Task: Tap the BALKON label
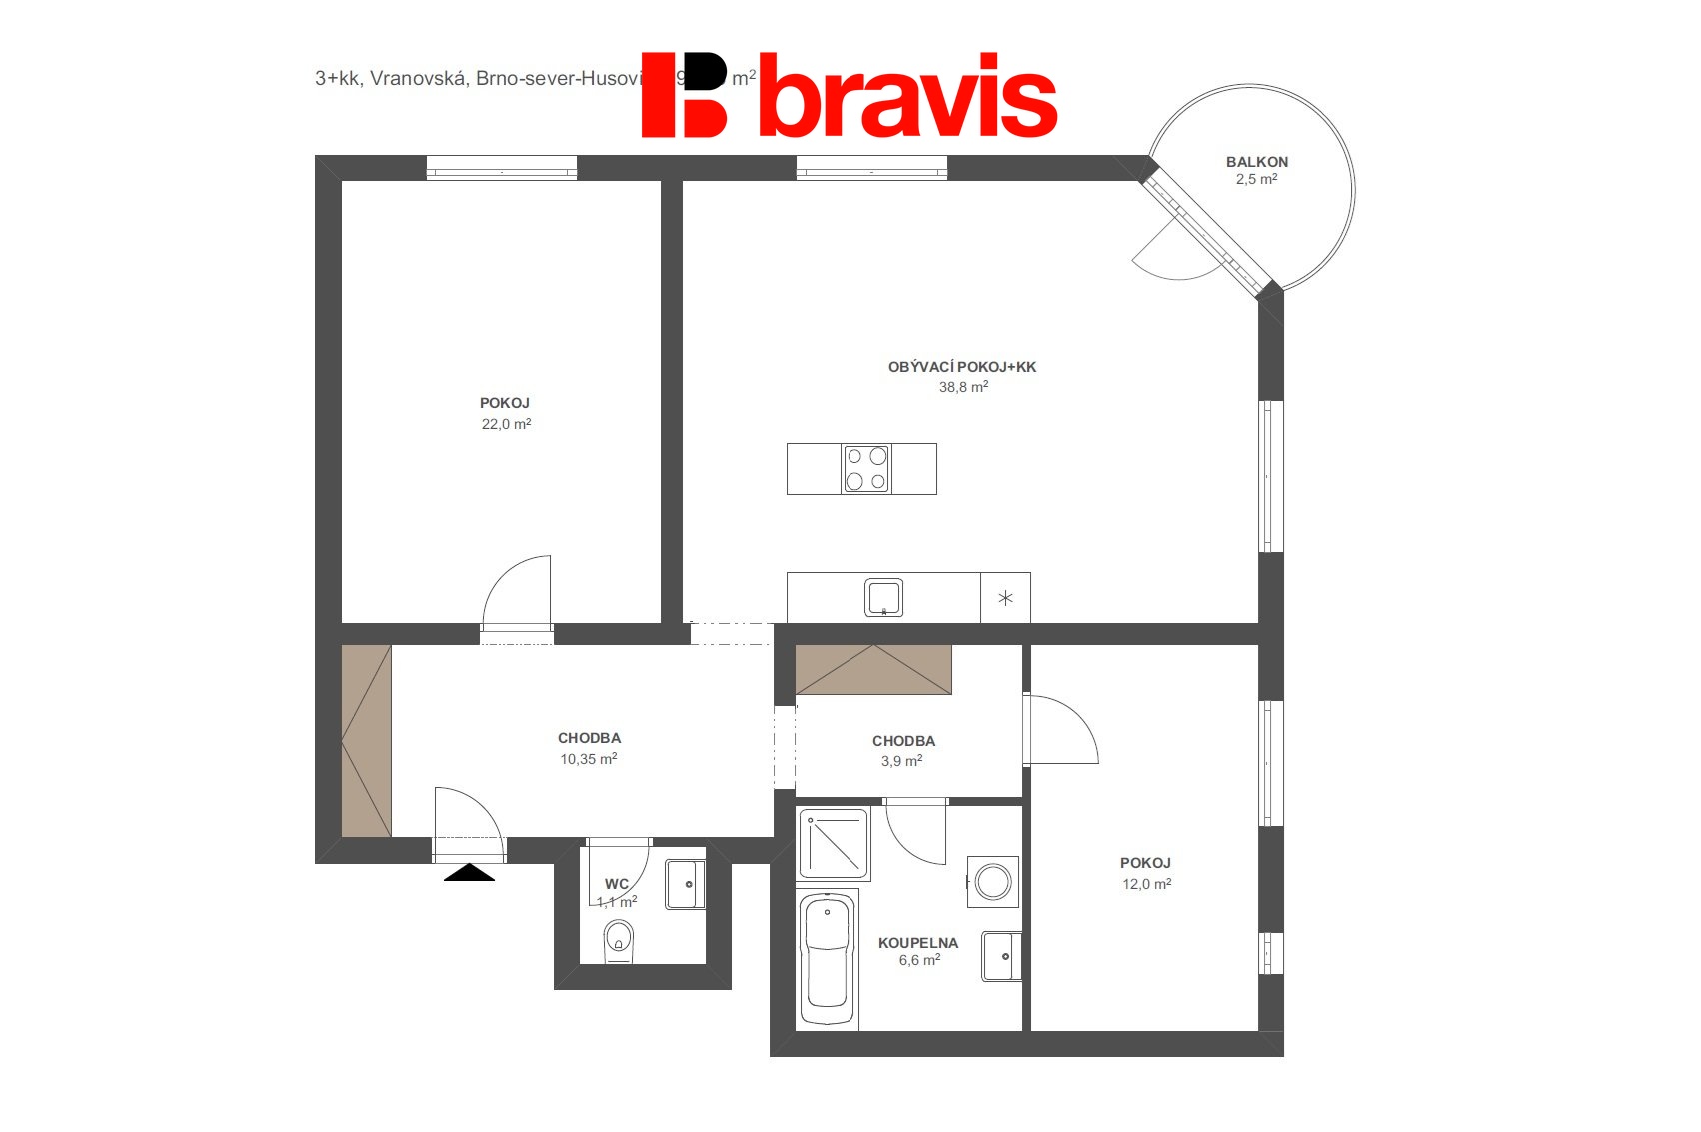point(1256,162)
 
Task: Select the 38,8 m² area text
point(963,387)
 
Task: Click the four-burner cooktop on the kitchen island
point(865,469)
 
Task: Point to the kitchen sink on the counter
point(883,597)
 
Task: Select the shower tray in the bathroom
point(834,844)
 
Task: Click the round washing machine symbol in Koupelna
point(993,882)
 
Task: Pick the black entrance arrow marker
point(469,872)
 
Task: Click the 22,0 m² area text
point(506,424)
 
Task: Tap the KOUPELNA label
point(917,942)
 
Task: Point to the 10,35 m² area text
point(588,759)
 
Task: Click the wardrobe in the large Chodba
point(366,741)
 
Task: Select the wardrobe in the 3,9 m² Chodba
point(873,669)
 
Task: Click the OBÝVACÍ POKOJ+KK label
point(961,367)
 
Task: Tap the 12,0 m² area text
point(1146,884)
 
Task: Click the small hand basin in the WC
point(686,884)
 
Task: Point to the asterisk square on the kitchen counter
point(1005,598)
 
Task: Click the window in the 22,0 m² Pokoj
point(502,168)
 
